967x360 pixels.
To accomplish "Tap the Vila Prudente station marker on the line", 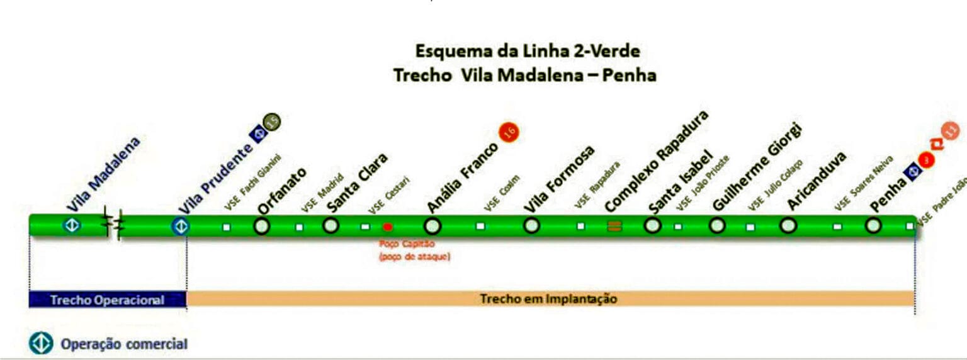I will [181, 226].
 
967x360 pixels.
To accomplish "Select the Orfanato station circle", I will [262, 226].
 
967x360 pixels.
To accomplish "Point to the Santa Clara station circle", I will [331, 225].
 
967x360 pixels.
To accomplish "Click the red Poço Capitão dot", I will [388, 227].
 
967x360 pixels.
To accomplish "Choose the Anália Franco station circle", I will [432, 226].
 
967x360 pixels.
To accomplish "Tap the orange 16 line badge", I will [509, 132].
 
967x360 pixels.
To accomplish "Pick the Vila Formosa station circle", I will [532, 225].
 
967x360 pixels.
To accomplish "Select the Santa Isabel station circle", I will [653, 225].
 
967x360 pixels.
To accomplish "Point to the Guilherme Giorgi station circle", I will [717, 225].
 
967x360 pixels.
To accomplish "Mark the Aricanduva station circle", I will [788, 225].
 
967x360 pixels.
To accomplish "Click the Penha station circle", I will [873, 225].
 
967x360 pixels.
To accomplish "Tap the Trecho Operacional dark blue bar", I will [108, 300].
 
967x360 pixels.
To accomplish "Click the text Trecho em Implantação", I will [548, 299].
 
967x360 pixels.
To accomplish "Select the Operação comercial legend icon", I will [41, 344].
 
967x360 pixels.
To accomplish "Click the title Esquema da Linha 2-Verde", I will [527, 51].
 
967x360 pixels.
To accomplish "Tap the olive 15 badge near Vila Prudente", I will [272, 122].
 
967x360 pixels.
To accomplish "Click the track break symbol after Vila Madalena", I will [113, 225].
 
